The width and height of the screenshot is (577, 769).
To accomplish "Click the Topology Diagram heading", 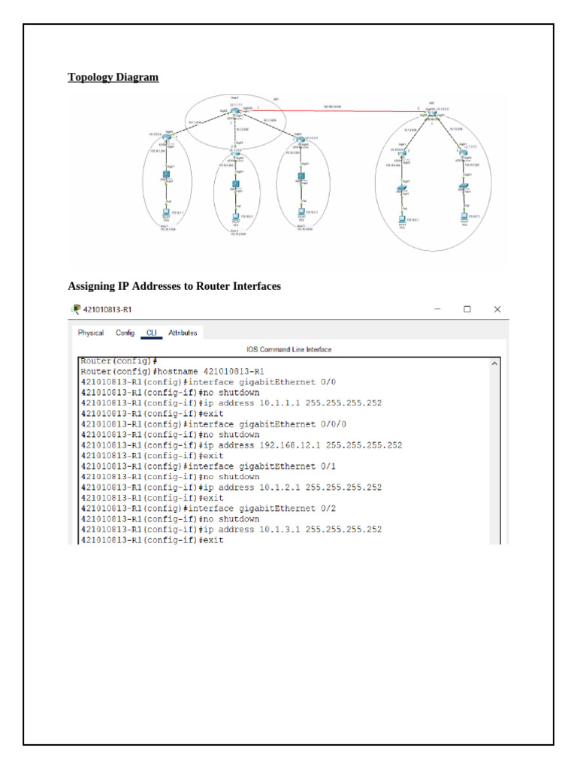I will (x=113, y=77).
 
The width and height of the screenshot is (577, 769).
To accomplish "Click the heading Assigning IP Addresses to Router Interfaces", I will (x=174, y=286).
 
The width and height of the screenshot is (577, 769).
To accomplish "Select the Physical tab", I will (x=91, y=333).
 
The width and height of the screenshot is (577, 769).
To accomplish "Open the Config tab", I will (x=125, y=333).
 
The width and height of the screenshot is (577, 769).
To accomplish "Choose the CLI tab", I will (x=151, y=333).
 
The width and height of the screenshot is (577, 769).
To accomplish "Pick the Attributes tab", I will (x=183, y=333).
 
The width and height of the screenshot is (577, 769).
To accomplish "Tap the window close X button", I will (x=497, y=309).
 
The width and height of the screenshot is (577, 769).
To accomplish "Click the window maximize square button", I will (x=467, y=309).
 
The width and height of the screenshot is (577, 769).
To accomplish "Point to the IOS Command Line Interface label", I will (x=288, y=349).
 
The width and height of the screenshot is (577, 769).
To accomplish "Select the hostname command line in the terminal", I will (x=172, y=371).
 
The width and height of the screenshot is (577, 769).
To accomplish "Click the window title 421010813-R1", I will (x=108, y=309).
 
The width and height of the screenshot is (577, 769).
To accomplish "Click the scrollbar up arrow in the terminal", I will (x=494, y=363).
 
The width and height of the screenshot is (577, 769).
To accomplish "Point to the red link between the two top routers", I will (x=338, y=110).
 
